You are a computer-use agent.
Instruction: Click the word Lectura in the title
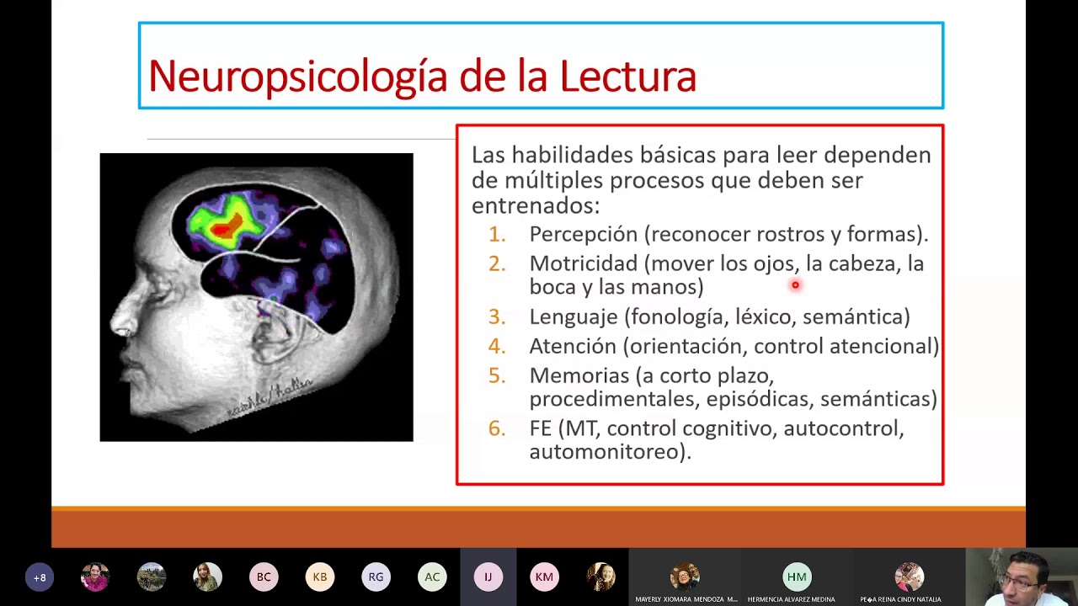627,77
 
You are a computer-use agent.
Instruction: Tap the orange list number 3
497,316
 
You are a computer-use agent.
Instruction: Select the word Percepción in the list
583,234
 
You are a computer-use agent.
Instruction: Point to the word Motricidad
583,263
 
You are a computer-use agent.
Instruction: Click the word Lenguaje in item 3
573,316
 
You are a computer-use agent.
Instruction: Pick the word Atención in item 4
573,346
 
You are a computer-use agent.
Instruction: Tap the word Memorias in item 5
579,375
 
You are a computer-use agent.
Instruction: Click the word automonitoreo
608,452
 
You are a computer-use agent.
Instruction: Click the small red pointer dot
794,285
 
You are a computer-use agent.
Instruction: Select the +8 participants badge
40,577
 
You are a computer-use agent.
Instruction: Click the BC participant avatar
264,577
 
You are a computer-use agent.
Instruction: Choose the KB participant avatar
320,577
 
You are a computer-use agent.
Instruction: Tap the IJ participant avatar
488,577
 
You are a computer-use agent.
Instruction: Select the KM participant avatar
544,577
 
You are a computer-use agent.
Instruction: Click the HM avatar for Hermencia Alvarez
797,577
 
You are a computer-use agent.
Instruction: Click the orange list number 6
497,428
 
